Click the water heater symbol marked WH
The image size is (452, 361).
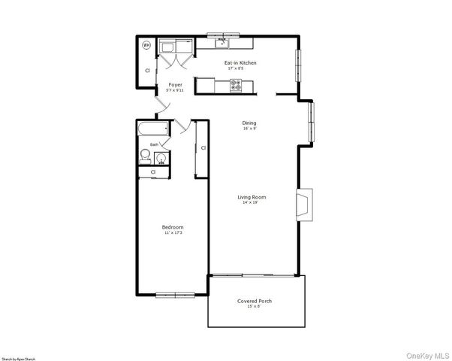[147, 45]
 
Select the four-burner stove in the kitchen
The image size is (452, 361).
[236, 86]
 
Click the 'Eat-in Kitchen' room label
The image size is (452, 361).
[240, 62]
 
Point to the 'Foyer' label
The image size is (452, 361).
[175, 85]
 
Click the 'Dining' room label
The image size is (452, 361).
[249, 123]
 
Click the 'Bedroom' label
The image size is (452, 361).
[173, 227]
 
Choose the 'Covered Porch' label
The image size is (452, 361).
[255, 301]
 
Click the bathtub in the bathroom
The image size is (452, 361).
[152, 131]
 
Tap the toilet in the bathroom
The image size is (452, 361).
[146, 156]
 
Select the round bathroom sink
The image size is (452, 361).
[161, 158]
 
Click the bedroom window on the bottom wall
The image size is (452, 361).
[176, 294]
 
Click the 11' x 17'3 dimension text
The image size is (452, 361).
[173, 233]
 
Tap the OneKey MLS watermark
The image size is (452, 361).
[426, 355]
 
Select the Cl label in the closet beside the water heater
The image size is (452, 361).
[147, 70]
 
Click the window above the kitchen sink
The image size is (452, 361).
[224, 35]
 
